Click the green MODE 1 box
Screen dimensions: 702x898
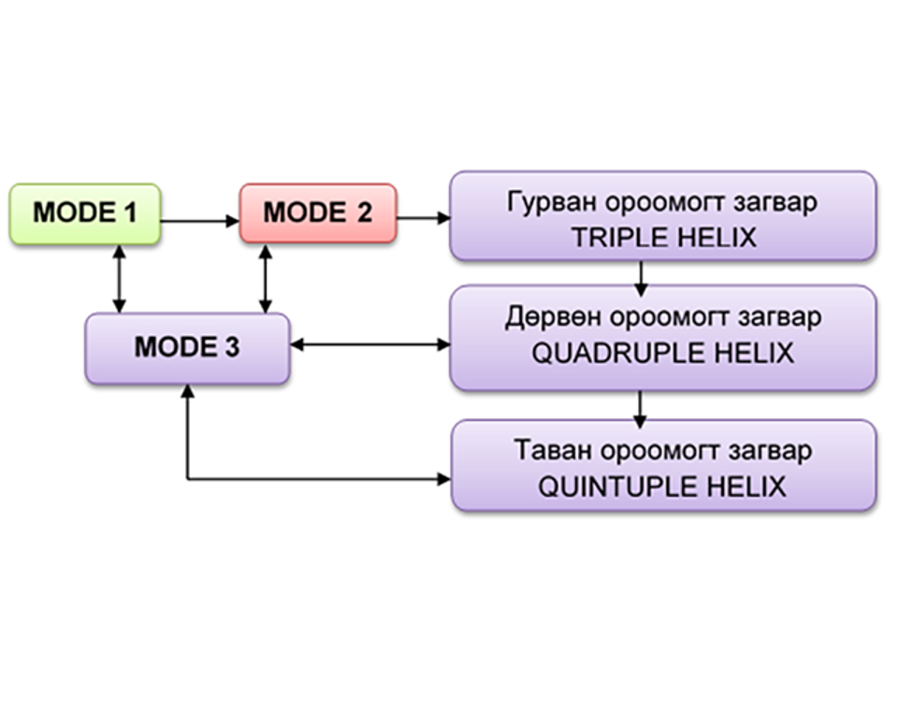84,213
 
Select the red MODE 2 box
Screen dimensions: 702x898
318,213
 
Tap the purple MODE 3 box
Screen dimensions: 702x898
187,347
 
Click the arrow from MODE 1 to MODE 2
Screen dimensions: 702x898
199,221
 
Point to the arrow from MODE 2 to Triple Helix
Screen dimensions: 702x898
423,219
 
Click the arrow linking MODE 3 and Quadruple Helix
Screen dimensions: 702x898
370,344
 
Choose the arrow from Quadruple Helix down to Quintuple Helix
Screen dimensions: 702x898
641,406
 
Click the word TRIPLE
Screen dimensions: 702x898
617,238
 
